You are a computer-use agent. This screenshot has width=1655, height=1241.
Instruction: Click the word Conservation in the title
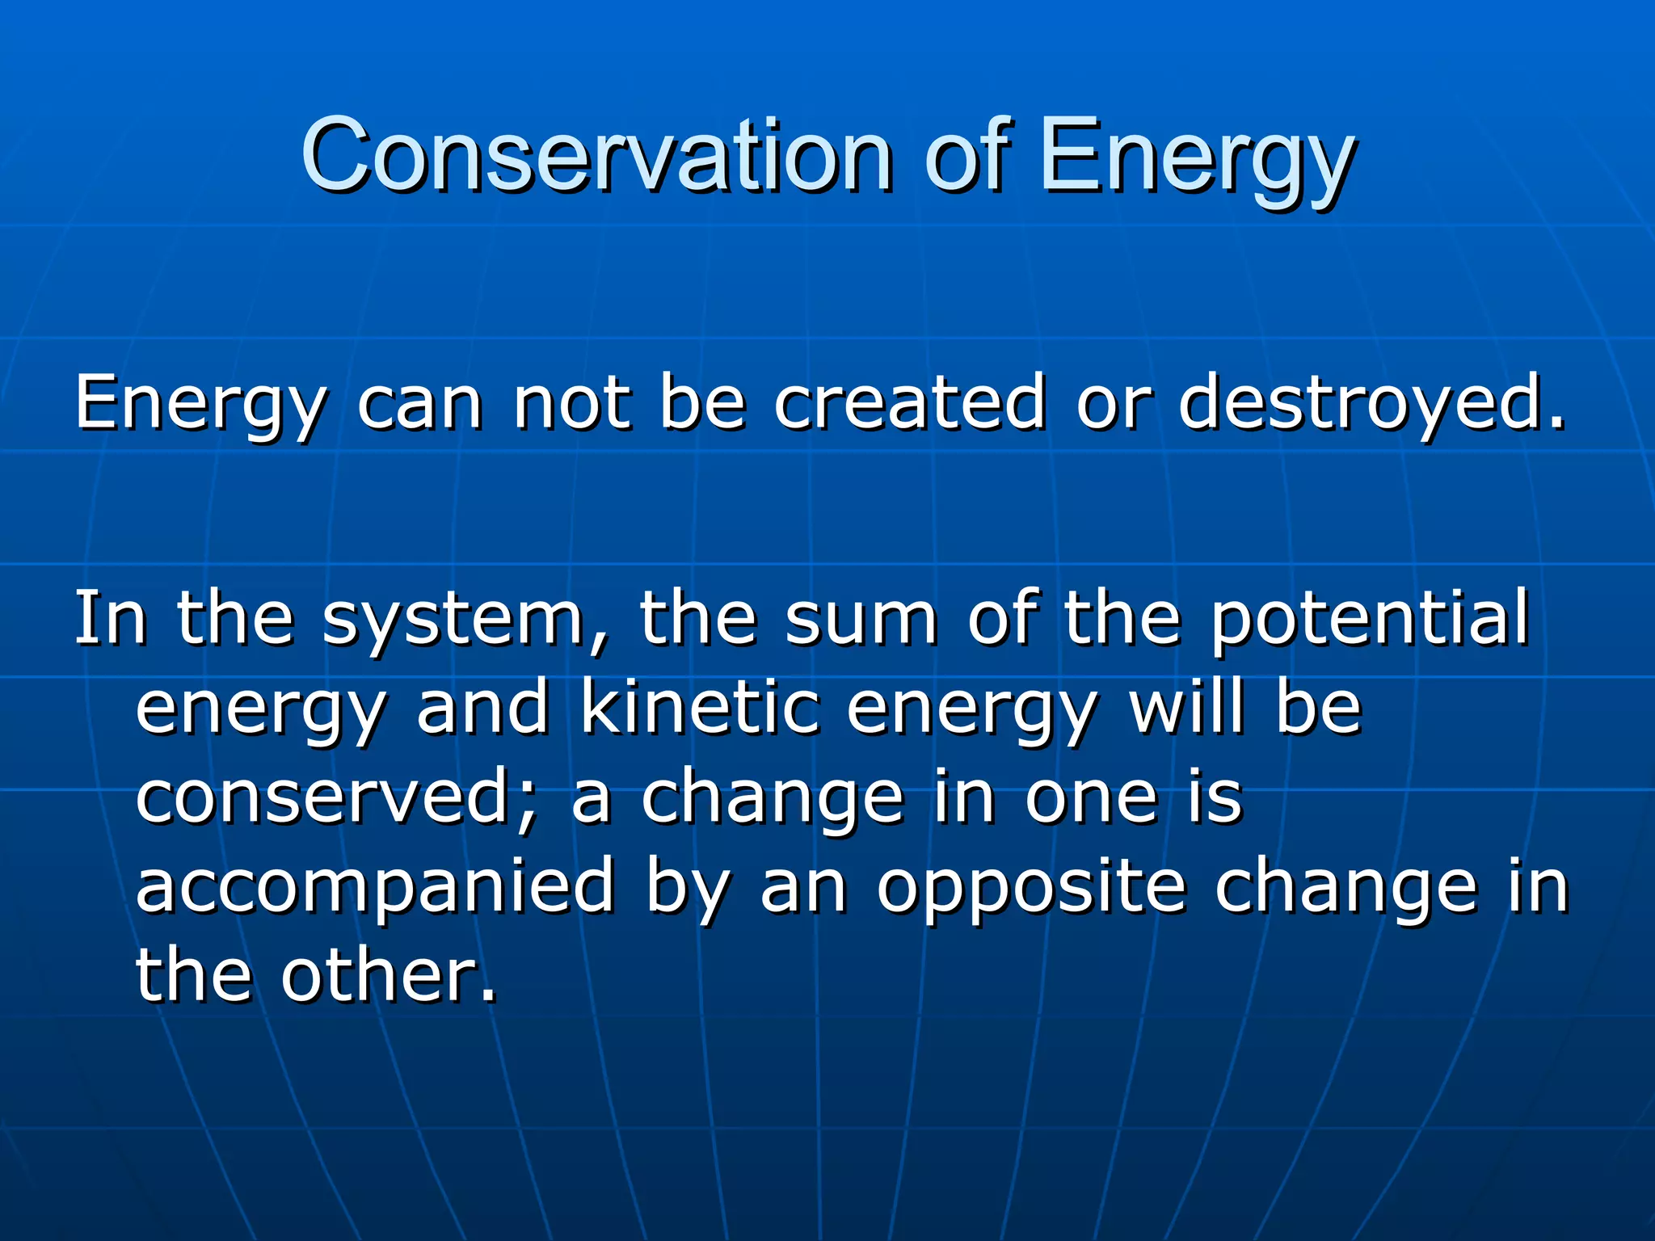[x=596, y=155]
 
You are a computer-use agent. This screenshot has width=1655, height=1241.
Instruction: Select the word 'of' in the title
[x=968, y=155]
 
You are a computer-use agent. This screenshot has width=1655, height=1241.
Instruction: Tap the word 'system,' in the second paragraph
[x=465, y=620]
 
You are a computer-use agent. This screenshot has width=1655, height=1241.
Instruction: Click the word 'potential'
[x=1370, y=620]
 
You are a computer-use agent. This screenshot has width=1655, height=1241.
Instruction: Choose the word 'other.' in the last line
[x=389, y=975]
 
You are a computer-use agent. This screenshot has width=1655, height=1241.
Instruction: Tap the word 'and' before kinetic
[x=483, y=709]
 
